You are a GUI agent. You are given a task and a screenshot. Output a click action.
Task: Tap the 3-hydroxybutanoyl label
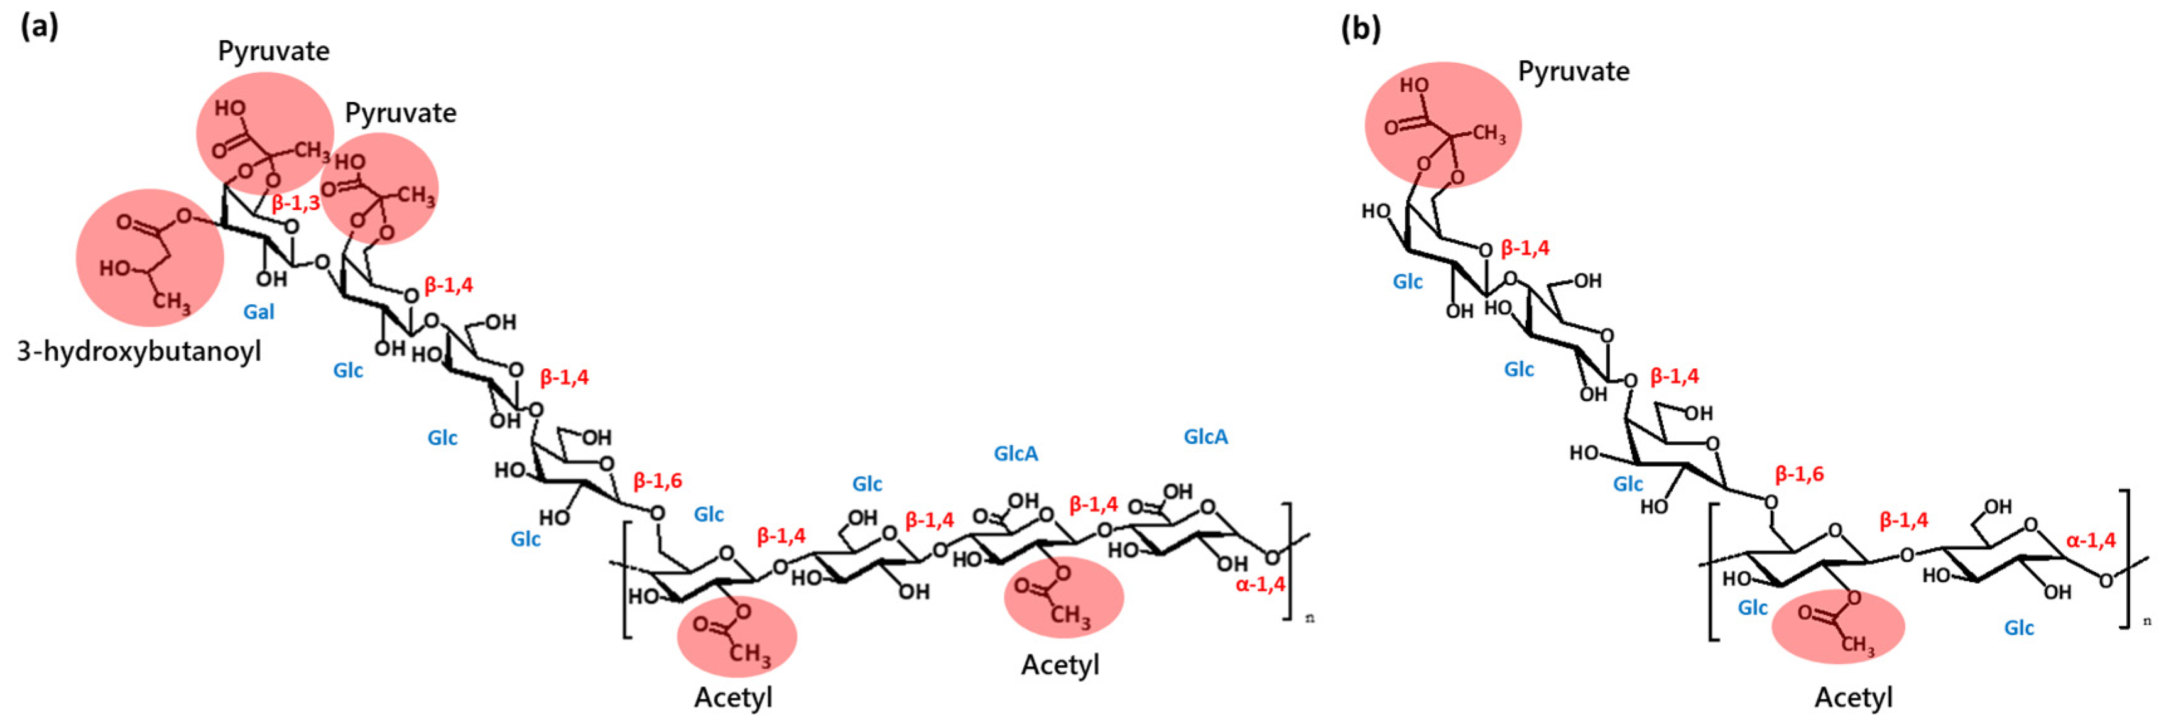139,351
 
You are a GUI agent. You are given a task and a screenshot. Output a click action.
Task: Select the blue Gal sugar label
258,312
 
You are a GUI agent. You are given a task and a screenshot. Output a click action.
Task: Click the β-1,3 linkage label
295,203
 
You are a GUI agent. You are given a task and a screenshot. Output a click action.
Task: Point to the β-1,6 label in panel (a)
657,481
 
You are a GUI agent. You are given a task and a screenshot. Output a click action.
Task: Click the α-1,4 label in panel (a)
1259,584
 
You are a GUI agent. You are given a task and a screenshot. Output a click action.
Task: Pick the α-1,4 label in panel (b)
2091,540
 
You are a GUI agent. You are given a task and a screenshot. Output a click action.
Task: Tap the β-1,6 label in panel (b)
1798,474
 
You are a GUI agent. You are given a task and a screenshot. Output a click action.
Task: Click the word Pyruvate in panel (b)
1573,71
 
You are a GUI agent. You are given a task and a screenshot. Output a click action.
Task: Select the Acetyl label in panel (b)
1853,697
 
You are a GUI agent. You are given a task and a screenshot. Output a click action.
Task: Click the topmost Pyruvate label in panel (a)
273,51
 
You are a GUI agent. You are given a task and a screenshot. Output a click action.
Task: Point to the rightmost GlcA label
1205,436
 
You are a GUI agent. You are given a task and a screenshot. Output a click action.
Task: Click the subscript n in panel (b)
2146,621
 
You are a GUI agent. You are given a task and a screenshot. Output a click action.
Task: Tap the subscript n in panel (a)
1310,618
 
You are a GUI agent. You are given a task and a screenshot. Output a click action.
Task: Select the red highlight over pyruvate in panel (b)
1442,124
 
